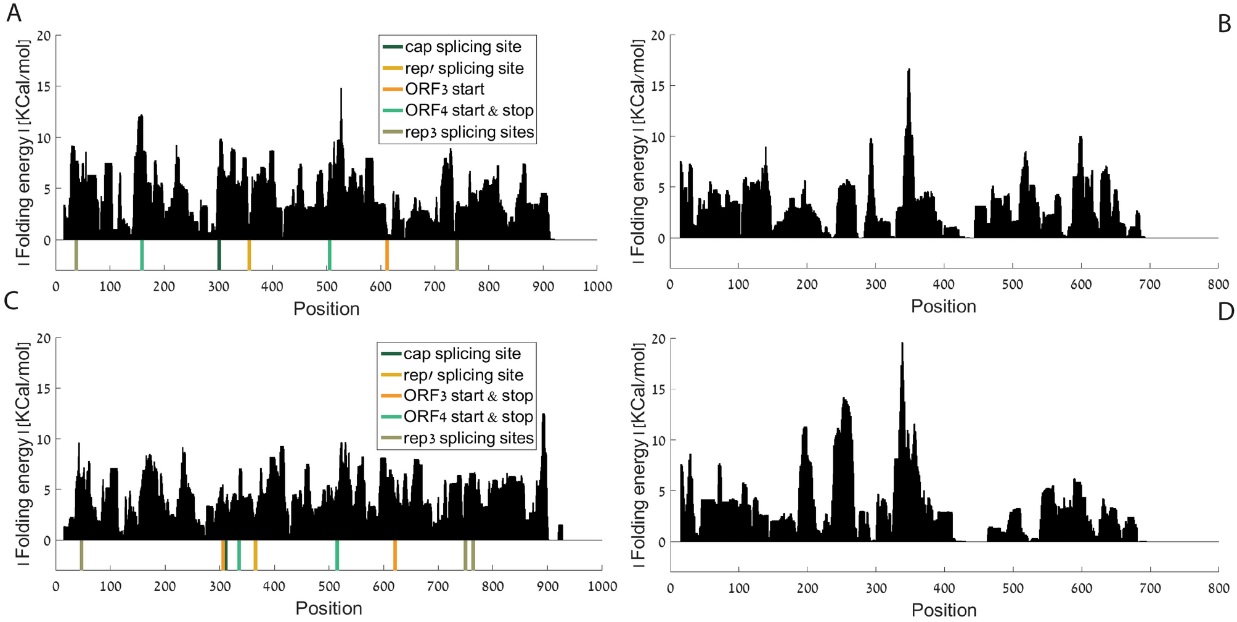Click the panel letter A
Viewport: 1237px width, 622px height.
point(14,13)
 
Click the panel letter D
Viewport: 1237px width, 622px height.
point(1225,311)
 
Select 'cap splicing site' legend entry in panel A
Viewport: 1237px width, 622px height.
point(463,47)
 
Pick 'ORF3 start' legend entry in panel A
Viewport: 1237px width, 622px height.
point(444,89)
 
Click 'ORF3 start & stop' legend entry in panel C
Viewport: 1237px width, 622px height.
point(468,396)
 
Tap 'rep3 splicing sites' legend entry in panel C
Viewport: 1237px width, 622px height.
point(468,439)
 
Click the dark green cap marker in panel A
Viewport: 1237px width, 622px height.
point(219,255)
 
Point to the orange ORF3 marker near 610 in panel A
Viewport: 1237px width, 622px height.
point(387,255)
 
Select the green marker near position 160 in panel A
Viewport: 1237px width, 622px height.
point(142,255)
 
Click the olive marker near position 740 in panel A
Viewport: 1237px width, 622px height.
point(457,255)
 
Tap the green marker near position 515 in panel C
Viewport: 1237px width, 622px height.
point(337,555)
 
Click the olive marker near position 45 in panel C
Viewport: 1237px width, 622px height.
point(81,555)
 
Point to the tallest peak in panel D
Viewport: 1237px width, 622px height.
point(902,344)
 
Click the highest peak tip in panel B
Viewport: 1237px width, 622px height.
point(909,70)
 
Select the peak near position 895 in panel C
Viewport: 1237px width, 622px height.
point(544,415)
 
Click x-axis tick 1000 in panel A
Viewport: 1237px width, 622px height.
point(597,287)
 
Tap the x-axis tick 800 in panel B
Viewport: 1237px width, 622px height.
point(1219,284)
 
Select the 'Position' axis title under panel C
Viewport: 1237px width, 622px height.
point(329,608)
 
